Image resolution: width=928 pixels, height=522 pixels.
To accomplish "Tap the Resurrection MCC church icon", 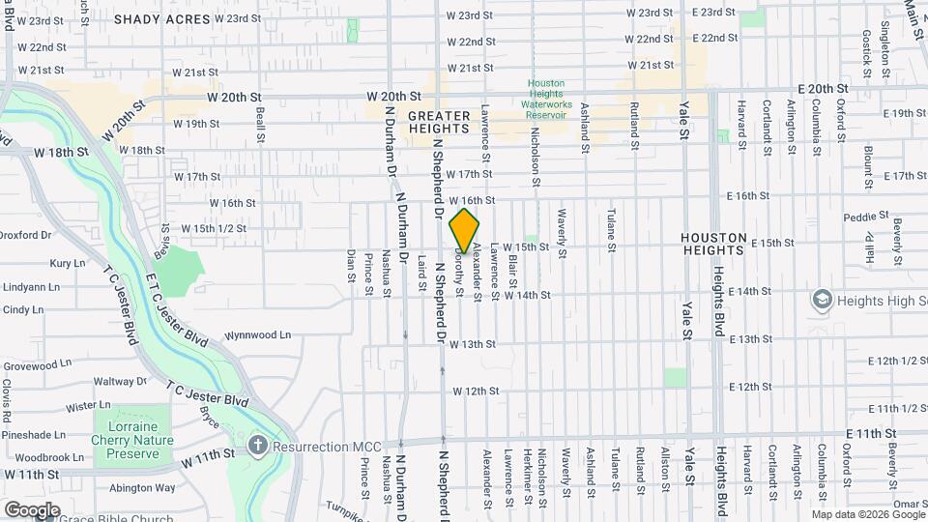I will pos(257,446).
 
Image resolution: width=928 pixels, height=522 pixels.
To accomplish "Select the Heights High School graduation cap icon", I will pos(823,301).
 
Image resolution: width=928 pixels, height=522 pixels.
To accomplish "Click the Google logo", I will pos(32,509).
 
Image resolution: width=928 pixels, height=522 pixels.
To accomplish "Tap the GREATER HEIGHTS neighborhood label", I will pos(439,122).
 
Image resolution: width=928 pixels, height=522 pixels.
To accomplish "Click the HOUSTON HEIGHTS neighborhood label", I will pos(713,244).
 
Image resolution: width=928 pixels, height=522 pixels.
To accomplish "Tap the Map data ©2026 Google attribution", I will pos(868,514).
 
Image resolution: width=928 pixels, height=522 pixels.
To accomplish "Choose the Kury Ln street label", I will pos(68,263).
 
